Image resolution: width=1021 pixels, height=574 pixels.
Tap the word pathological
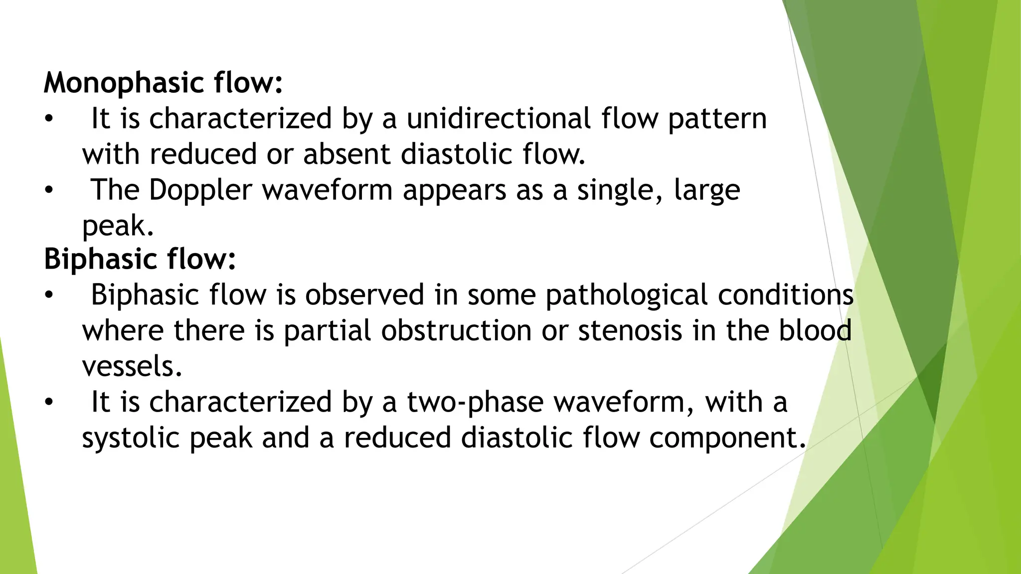626,295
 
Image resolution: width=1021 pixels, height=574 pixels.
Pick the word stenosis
630,331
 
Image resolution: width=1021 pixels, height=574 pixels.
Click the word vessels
132,367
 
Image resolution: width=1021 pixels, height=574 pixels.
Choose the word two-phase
475,403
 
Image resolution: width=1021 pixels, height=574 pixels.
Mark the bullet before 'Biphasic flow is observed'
48,295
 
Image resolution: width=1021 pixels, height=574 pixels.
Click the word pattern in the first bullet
717,120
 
